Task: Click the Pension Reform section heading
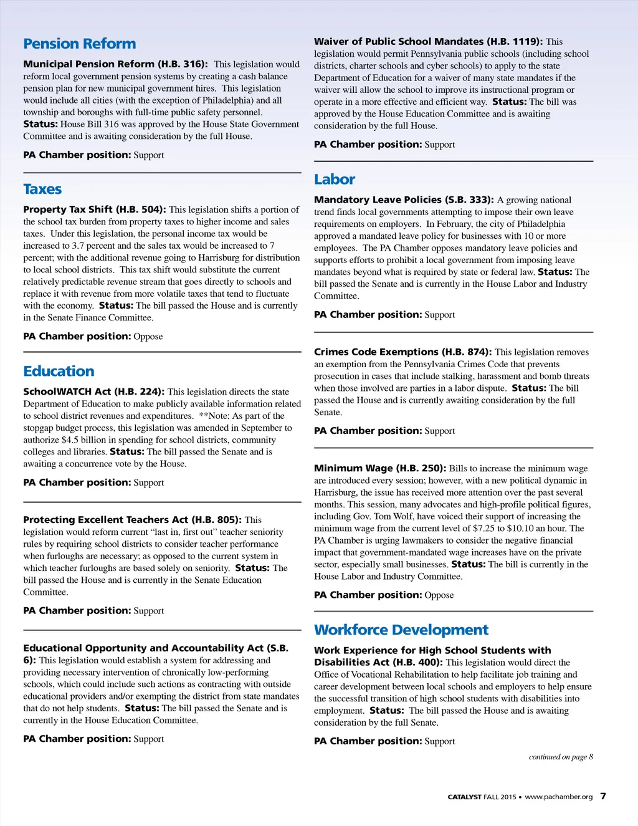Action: [x=79, y=44]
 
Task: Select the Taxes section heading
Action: [x=42, y=189]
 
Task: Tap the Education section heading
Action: [x=59, y=371]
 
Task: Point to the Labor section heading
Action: [x=335, y=180]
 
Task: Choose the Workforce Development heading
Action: [x=401, y=630]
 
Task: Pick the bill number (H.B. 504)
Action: [x=141, y=209]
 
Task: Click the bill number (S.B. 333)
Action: [x=469, y=200]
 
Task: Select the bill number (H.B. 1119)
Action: [x=515, y=42]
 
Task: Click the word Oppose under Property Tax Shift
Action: [x=148, y=337]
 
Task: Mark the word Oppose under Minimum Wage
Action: [x=439, y=595]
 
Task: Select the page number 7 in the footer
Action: [x=602, y=796]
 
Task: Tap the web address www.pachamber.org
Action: [x=558, y=797]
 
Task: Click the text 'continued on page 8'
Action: [x=561, y=757]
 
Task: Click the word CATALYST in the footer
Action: [x=464, y=797]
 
